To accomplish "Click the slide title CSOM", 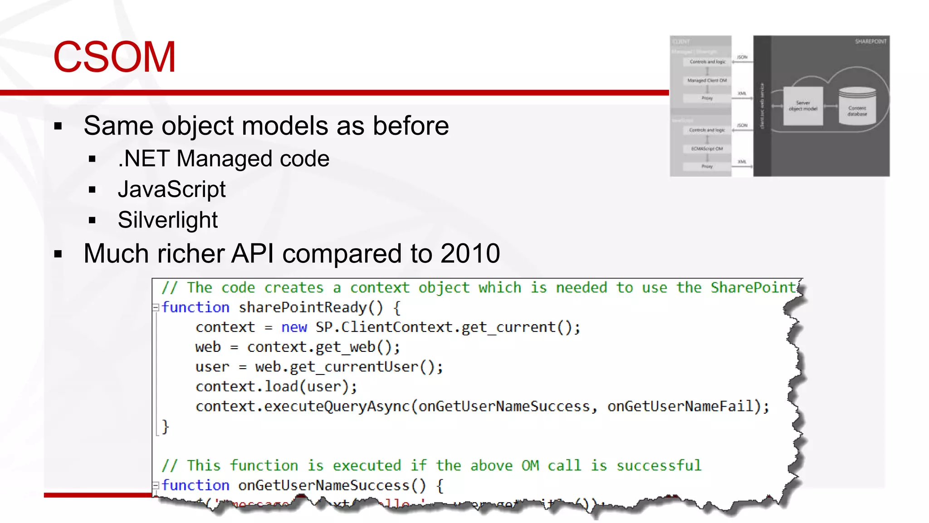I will click(114, 57).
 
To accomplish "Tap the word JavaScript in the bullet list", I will click(171, 189).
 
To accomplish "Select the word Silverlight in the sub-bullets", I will click(167, 220).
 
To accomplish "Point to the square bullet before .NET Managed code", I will click(93, 159).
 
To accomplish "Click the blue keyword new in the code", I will click(294, 327).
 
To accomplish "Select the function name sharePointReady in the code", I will click(302, 308).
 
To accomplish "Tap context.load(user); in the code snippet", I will click(276, 387).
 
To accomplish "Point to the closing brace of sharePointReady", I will click(166, 427).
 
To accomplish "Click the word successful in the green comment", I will click(659, 466).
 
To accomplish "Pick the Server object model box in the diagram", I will click(803, 106).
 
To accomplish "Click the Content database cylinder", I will click(857, 108).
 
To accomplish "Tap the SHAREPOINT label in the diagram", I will click(870, 42).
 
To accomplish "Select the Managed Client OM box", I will click(707, 80).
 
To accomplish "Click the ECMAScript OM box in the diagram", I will click(707, 149).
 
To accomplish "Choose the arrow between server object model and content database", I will click(831, 106).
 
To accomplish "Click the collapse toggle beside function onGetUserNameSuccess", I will click(156, 485).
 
